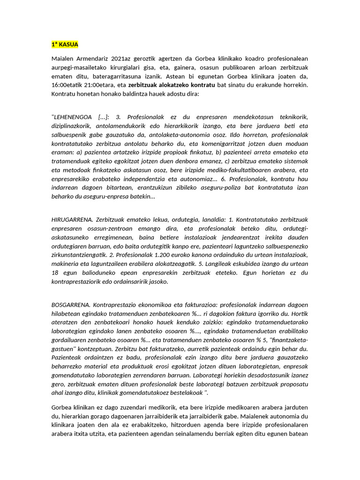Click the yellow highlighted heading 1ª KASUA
[x=65, y=45]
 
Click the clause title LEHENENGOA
[x=73, y=116]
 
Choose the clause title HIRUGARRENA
[x=73, y=219]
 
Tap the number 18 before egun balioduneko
[x=55, y=273]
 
